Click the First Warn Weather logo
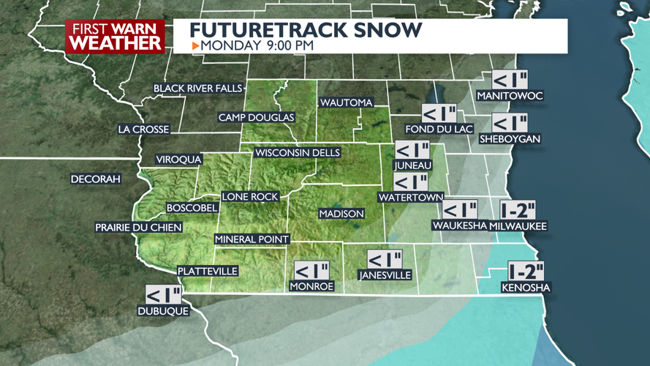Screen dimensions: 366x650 coord(115,36)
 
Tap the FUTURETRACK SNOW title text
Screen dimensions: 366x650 coord(306,30)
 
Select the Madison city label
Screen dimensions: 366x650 coord(341,214)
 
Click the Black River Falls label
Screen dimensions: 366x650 coord(197,89)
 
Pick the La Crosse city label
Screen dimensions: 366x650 coord(143,130)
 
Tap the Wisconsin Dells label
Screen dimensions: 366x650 coord(298,153)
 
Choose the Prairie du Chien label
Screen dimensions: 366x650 coord(138,228)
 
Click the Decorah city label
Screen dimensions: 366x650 coord(96,179)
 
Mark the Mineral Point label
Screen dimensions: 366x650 coord(252,239)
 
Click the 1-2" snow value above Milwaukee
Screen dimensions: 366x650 coord(518,210)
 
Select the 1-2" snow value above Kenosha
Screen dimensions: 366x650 coord(526,272)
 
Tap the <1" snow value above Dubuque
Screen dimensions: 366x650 coord(163,295)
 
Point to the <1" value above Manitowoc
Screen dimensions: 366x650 coord(510,80)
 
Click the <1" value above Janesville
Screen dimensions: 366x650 coord(385,260)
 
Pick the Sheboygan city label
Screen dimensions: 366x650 coord(510,139)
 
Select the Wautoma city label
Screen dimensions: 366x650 coord(346,103)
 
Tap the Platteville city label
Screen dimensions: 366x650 coord(208,271)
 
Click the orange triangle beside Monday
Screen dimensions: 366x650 coord(195,46)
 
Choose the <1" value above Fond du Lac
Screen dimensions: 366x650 coord(439,113)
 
